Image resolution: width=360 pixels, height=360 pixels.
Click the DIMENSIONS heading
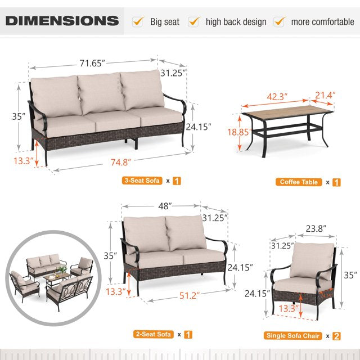(62, 21)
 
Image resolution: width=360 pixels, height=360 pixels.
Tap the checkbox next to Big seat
(137, 22)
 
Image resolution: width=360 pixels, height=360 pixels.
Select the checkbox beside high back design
(194, 22)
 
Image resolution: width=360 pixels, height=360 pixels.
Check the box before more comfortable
(279, 22)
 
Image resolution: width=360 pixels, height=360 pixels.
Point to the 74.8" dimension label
(120, 162)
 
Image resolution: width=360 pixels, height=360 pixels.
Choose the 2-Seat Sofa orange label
(152, 334)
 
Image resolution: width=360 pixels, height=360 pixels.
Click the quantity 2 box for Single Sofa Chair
(336, 336)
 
